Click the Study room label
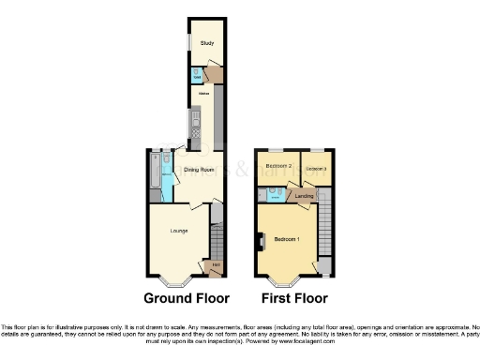coord(204,43)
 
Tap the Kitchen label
coord(202,95)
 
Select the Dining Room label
coord(198,170)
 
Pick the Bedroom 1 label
coord(287,240)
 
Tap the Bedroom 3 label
coord(317,169)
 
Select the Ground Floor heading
coord(187,299)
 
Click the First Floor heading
coord(294,299)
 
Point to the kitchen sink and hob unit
coord(195,123)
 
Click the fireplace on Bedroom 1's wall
coord(258,245)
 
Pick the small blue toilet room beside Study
coord(198,76)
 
